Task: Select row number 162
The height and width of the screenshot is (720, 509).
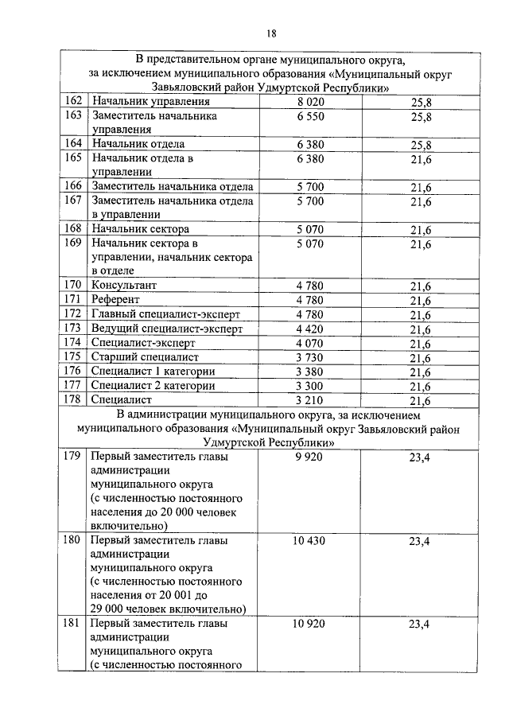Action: click(x=73, y=102)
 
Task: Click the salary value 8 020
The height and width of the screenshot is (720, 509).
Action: click(x=311, y=102)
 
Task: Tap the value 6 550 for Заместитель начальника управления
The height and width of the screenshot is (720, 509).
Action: click(x=311, y=116)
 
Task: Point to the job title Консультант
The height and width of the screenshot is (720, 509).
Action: click(x=124, y=285)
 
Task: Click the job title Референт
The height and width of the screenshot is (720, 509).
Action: click(x=116, y=299)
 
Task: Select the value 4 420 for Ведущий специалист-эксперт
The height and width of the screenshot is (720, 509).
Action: click(x=311, y=328)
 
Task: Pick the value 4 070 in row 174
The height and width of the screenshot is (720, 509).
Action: click(x=311, y=343)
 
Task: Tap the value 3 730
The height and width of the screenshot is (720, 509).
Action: click(x=311, y=357)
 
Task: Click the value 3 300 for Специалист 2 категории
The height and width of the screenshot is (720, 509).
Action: click(x=311, y=386)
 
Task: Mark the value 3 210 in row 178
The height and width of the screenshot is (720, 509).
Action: click(x=311, y=400)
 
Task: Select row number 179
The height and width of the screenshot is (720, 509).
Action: click(x=73, y=457)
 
